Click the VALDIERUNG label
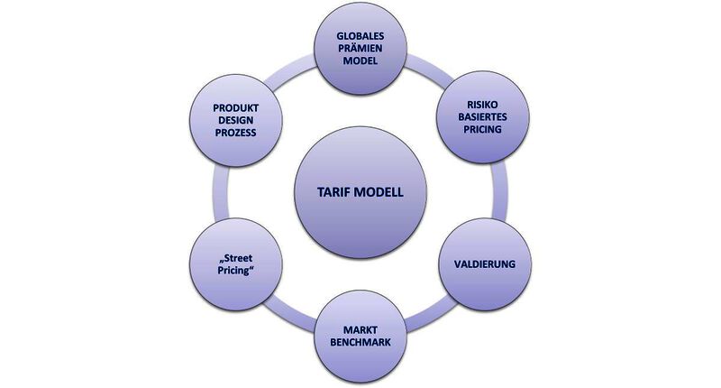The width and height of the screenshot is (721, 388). (483, 264)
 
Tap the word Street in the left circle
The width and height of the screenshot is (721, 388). (238, 257)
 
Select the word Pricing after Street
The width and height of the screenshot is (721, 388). (235, 271)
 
